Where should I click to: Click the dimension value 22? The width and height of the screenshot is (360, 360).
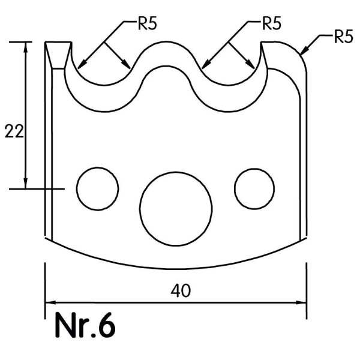[x=14, y=131]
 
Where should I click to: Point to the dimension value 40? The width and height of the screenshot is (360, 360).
[x=181, y=290]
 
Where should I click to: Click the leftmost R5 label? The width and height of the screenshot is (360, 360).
[x=148, y=23]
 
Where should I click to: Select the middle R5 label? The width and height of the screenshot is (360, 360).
[x=272, y=23]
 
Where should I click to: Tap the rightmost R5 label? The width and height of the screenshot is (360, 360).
[x=343, y=37]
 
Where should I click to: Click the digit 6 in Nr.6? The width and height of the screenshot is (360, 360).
[x=107, y=325]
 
